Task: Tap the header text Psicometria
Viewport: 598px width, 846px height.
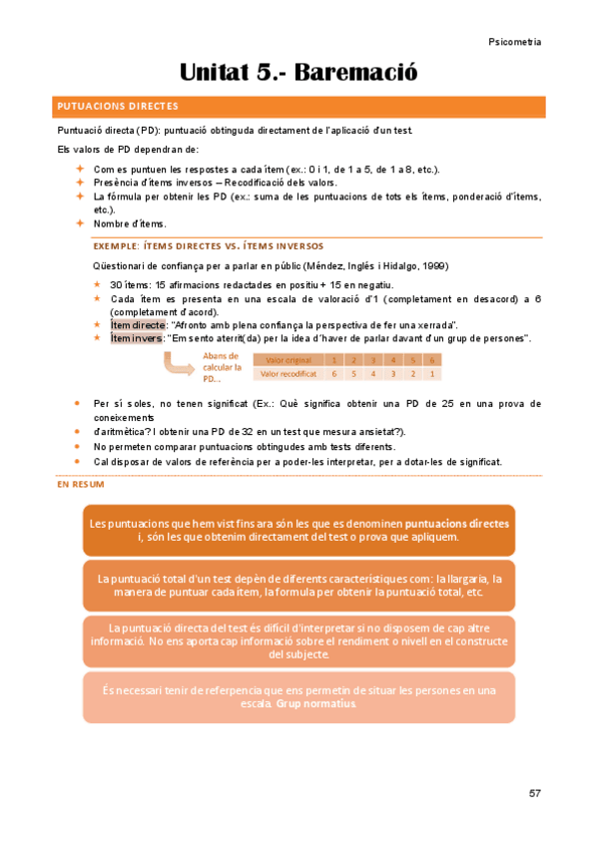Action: pos(515,42)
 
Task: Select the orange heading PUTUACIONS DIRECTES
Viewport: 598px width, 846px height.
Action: pos(118,105)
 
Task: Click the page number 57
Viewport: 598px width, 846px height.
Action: pos(535,794)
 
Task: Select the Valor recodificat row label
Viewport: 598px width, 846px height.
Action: pos(288,374)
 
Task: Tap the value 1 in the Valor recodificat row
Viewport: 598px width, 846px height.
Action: pos(430,374)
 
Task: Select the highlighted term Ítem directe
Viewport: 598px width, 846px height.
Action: pos(138,325)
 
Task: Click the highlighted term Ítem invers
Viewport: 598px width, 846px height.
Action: pos(136,338)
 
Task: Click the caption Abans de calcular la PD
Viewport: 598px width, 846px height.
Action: pos(220,366)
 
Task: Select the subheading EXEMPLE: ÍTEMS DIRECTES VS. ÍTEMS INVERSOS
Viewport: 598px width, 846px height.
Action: pos(208,245)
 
